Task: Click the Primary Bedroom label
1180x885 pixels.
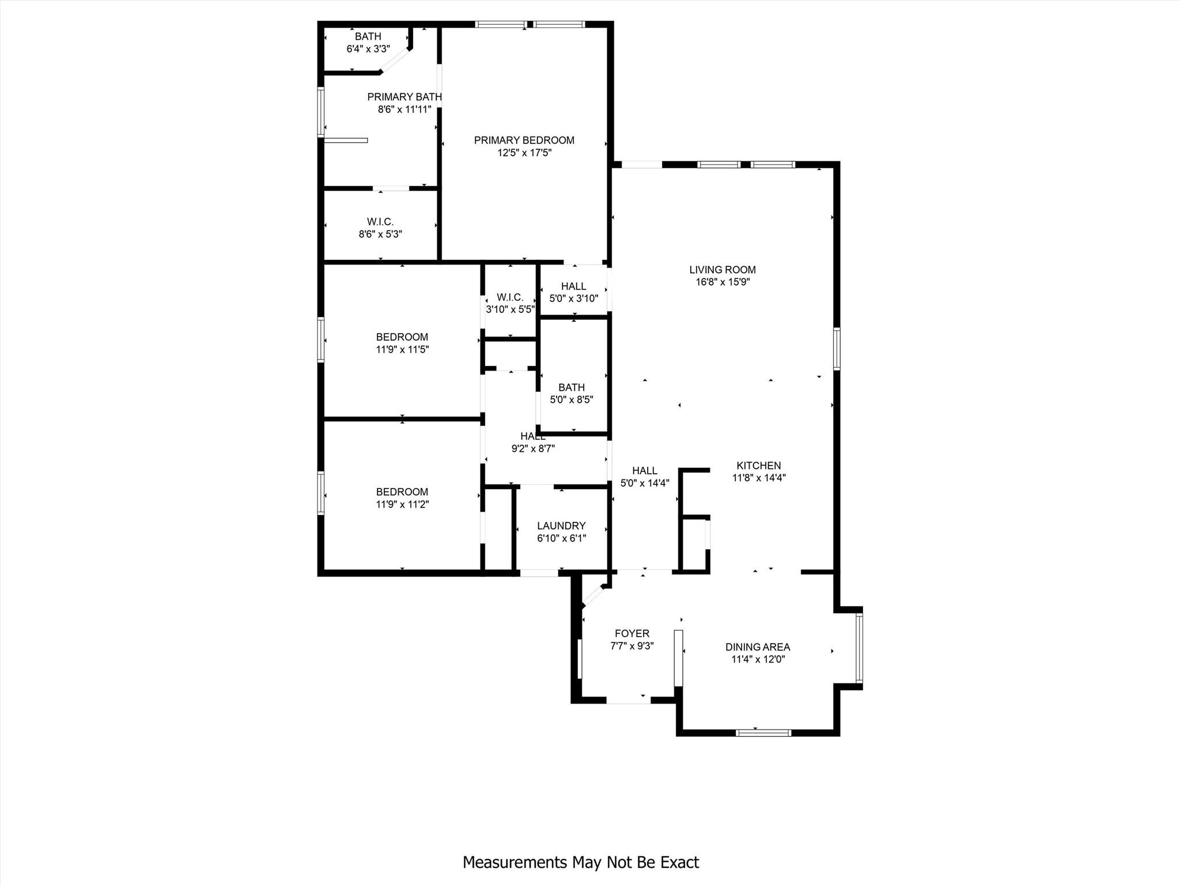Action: [x=524, y=140]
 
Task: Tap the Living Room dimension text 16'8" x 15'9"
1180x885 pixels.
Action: [x=723, y=282]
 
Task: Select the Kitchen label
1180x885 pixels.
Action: [x=758, y=466]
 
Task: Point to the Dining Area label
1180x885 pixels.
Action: [x=757, y=647]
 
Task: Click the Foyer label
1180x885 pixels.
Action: [x=631, y=634]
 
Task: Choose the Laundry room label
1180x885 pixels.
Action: [x=561, y=525]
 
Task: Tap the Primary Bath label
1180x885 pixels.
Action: [x=404, y=97]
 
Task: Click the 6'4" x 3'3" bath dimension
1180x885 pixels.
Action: [x=368, y=50]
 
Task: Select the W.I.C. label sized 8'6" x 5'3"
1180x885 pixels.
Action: [x=380, y=222]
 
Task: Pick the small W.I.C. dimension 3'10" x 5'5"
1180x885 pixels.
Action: [x=510, y=309]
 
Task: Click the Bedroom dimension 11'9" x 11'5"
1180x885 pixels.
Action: [x=402, y=350]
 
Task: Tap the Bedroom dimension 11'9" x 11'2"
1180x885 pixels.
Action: [x=402, y=505]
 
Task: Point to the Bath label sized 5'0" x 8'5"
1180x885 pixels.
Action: [x=571, y=387]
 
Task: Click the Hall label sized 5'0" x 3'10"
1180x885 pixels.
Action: [x=573, y=286]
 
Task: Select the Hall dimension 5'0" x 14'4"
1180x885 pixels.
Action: [x=644, y=483]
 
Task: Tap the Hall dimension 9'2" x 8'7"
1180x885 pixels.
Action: [x=533, y=449]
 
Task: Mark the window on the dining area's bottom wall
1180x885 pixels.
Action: [x=763, y=733]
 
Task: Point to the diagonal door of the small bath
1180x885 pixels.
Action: [x=395, y=60]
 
